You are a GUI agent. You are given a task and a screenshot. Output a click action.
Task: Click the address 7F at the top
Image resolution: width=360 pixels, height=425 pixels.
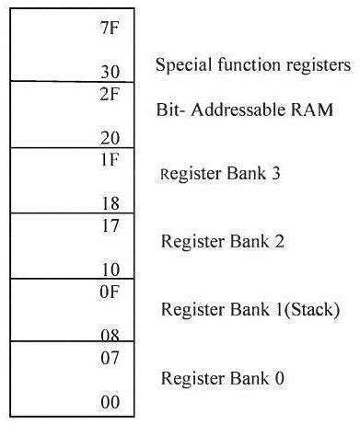click(x=110, y=29)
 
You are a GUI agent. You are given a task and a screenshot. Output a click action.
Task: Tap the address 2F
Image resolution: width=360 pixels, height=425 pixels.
click(x=110, y=94)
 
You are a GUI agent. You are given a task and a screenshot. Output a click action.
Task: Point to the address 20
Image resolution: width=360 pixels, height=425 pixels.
click(x=110, y=136)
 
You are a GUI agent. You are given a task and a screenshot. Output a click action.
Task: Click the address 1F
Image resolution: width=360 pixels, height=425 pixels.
click(x=110, y=158)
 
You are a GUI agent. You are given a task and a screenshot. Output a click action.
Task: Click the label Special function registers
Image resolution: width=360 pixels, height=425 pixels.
click(x=253, y=65)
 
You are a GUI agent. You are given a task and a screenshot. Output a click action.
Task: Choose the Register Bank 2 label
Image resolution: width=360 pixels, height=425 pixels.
click(x=222, y=242)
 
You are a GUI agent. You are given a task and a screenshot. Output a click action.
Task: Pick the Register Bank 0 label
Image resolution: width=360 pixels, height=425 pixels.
click(x=222, y=378)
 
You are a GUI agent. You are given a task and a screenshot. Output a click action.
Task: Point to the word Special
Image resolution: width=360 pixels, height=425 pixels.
click(x=180, y=65)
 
